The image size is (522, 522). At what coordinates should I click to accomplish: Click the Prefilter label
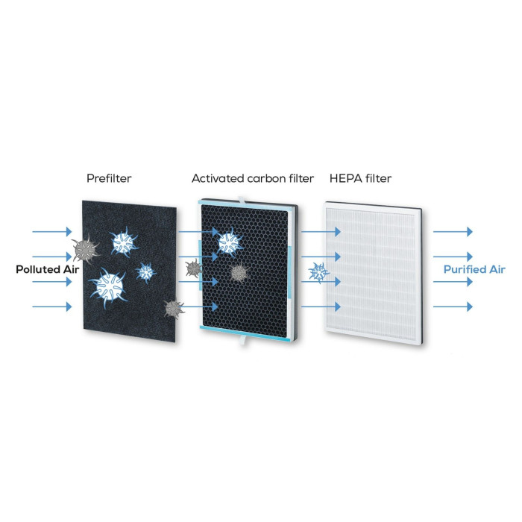tap(109, 178)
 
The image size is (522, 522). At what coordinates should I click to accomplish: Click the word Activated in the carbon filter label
tap(218, 178)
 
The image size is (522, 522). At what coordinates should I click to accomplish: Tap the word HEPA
tap(345, 178)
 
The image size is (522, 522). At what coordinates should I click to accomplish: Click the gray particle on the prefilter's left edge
tap(85, 249)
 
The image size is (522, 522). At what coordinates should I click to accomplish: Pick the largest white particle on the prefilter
tap(108, 287)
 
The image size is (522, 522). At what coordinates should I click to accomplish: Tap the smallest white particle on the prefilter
tap(146, 273)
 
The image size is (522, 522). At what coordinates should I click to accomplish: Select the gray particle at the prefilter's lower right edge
tap(174, 309)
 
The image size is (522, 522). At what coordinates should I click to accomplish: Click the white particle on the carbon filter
tap(230, 242)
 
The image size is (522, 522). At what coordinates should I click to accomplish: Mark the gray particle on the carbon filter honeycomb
tap(239, 273)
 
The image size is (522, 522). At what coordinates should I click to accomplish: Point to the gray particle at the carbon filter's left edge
tap(193, 268)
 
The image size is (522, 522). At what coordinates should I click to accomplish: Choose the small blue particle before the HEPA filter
tap(318, 273)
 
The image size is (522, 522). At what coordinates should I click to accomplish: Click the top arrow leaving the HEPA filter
tap(453, 231)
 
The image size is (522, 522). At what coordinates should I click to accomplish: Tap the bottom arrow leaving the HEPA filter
tap(453, 306)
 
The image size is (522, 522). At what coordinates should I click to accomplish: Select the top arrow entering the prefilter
tap(52, 231)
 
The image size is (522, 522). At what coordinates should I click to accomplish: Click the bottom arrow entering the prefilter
tap(52, 306)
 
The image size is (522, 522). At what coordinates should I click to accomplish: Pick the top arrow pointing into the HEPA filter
tap(321, 231)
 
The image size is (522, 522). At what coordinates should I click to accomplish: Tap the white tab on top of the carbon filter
tap(242, 200)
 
